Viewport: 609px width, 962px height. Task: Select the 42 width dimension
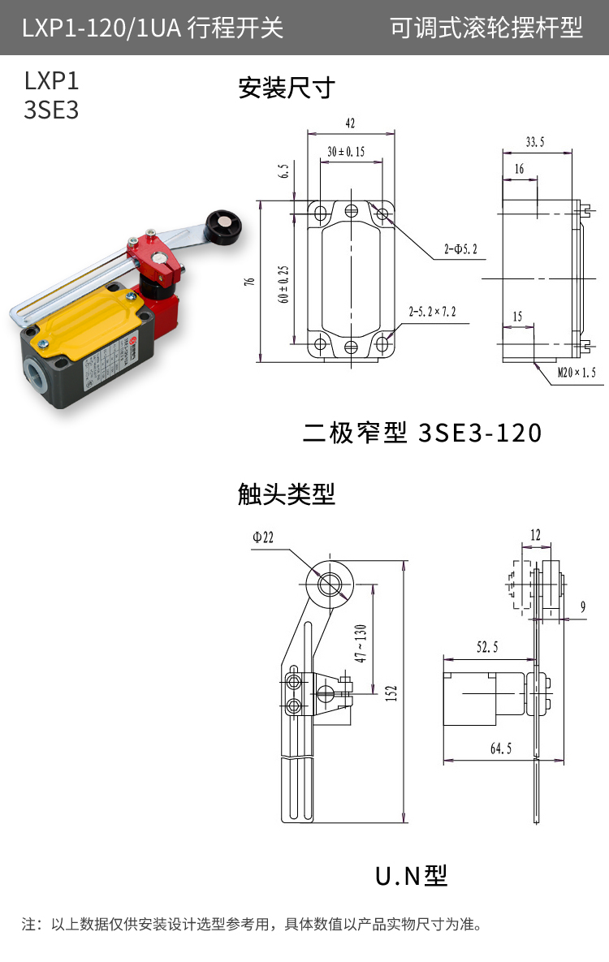tap(350, 124)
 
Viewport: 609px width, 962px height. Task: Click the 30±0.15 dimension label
tap(346, 152)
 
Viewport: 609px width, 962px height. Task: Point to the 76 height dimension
tap(250, 281)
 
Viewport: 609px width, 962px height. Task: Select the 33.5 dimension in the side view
tap(535, 142)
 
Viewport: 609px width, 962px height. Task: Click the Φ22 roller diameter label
tap(264, 537)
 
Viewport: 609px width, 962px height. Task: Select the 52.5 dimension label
tap(487, 646)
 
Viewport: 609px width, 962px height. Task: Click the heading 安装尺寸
tap(287, 87)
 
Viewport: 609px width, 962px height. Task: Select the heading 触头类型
tap(287, 493)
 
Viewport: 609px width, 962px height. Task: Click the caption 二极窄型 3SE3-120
tap(421, 433)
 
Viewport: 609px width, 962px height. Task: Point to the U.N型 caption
tap(411, 875)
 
